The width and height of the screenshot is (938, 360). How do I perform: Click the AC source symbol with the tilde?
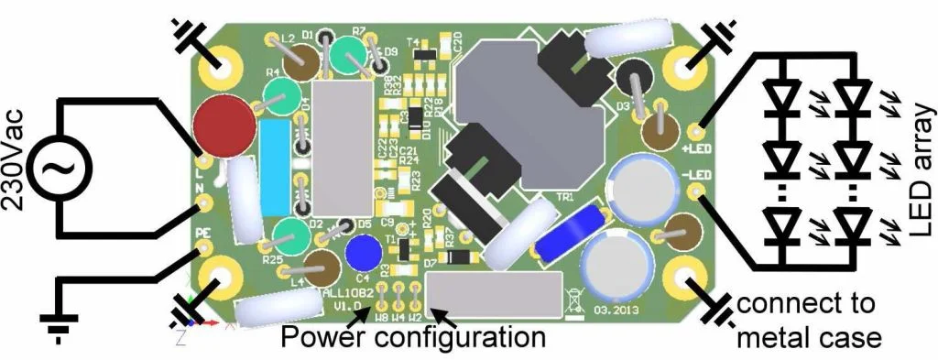(x=53, y=167)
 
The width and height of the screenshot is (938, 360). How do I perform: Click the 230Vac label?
(x=16, y=165)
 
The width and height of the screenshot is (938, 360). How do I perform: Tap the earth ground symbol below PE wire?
(x=57, y=322)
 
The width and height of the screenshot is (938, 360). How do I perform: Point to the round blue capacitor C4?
(x=365, y=252)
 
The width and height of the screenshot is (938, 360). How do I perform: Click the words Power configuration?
(x=412, y=338)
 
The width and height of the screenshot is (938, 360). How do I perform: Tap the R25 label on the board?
(x=272, y=261)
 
